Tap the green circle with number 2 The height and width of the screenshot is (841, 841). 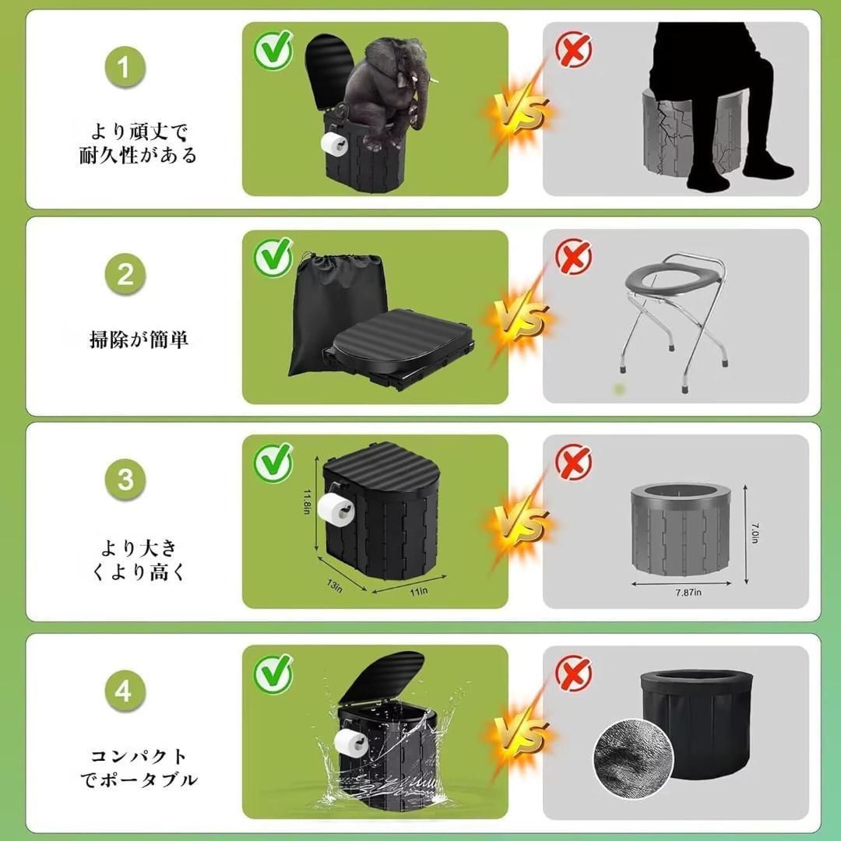click(x=125, y=274)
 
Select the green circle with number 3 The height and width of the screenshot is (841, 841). click(x=125, y=480)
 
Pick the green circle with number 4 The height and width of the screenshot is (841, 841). click(x=125, y=691)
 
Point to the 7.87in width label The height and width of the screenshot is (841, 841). click(x=689, y=592)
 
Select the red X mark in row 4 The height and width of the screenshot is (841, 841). click(x=574, y=674)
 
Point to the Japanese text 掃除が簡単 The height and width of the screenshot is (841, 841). click(x=139, y=340)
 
